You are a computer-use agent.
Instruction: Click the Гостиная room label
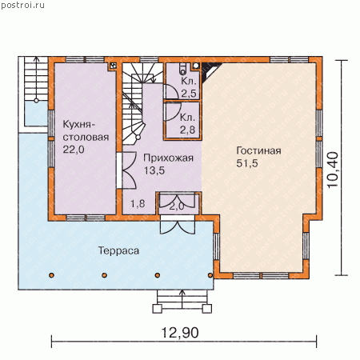(x=258, y=150)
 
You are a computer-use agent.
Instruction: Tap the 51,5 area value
(x=247, y=163)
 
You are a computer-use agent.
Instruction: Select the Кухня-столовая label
(x=86, y=130)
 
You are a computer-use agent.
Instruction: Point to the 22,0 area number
(x=74, y=150)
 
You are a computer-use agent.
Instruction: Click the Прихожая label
(x=168, y=158)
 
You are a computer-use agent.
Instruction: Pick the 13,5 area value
(x=154, y=170)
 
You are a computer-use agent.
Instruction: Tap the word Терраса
(x=118, y=250)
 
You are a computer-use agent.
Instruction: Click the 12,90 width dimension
(x=180, y=333)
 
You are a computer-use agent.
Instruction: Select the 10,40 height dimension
(x=333, y=170)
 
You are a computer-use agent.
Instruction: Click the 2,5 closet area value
(x=189, y=94)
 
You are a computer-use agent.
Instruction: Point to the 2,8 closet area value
(x=187, y=130)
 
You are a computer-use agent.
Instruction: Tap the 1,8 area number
(x=138, y=204)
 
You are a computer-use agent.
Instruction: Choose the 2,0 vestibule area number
(x=177, y=206)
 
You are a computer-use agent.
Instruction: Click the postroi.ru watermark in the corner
(x=23, y=6)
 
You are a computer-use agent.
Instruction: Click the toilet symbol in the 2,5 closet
(x=183, y=69)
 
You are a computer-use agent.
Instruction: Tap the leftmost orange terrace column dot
(x=52, y=275)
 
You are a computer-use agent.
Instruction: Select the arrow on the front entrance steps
(x=182, y=299)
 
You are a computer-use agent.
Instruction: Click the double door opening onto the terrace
(x=178, y=227)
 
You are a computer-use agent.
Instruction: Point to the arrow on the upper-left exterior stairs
(x=36, y=79)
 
